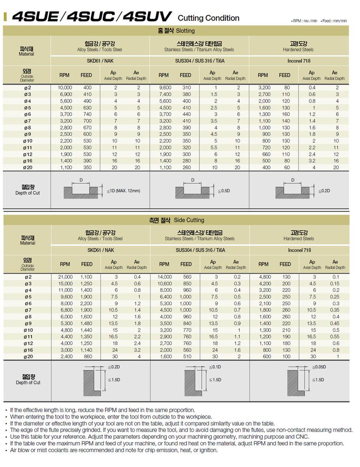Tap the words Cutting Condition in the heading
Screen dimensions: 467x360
tap(208, 18)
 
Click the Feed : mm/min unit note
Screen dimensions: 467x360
tap(334, 21)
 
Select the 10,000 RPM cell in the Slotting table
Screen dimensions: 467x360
tap(65, 88)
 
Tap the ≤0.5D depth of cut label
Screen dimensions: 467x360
tap(225, 191)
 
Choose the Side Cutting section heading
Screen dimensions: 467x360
tap(176, 220)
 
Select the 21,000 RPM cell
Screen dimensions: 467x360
tap(65, 277)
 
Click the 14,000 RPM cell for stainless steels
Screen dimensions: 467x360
tap(164, 277)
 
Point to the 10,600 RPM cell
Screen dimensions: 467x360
tap(164, 284)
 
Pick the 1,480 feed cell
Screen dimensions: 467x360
tap(86, 323)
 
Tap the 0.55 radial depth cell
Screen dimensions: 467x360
tap(335, 337)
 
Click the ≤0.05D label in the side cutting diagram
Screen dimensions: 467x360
tap(319, 367)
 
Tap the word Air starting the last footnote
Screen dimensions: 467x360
tap(14, 450)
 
